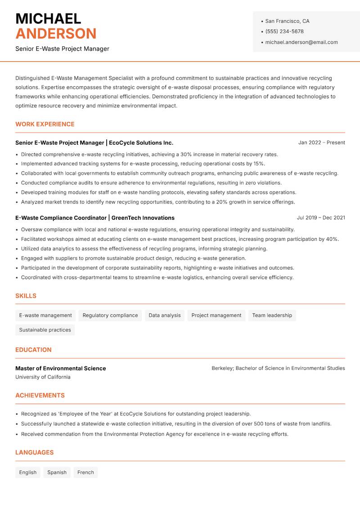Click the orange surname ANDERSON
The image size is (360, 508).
(56, 34)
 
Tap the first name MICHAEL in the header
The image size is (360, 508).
(48, 18)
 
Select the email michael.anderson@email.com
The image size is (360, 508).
(301, 42)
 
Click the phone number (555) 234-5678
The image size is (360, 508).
(284, 31)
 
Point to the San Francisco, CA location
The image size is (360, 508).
(287, 21)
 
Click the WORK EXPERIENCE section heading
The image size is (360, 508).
(45, 124)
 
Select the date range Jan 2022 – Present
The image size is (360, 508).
(321, 143)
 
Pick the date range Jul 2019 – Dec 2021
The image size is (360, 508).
(321, 218)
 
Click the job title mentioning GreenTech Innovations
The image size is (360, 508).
(94, 218)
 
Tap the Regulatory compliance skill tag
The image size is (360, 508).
(110, 316)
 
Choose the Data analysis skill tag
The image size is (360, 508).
(165, 316)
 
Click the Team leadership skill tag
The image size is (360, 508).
(272, 316)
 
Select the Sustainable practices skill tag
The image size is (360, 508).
(45, 330)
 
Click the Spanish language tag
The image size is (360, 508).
(57, 472)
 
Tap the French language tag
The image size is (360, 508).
(85, 472)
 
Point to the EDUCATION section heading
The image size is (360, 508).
(33, 350)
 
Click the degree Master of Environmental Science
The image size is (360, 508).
(60, 368)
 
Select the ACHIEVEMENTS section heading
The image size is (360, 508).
(40, 396)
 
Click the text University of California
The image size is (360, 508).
(43, 377)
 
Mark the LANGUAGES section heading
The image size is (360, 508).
(34, 453)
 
